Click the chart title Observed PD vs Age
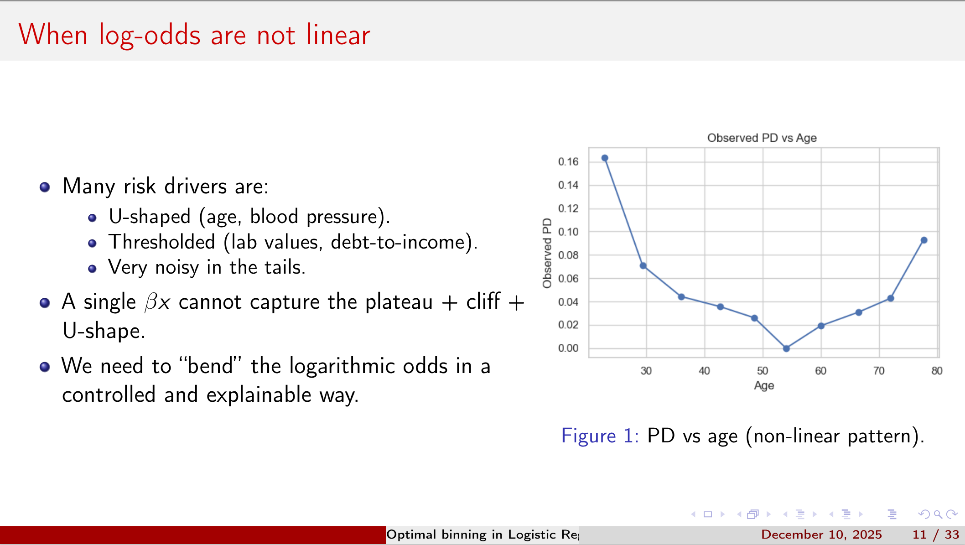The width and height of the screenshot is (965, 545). pyautogui.click(x=762, y=138)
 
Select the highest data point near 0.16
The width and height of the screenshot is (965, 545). pyautogui.click(x=605, y=158)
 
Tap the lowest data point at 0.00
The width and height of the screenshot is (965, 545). pyautogui.click(x=786, y=348)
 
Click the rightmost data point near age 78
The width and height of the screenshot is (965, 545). pyautogui.click(x=924, y=240)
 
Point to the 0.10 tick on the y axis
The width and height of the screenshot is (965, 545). pyautogui.click(x=568, y=232)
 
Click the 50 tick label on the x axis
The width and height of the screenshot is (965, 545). pyautogui.click(x=763, y=371)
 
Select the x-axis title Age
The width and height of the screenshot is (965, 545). pyautogui.click(x=764, y=386)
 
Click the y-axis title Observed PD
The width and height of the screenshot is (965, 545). pyautogui.click(x=547, y=253)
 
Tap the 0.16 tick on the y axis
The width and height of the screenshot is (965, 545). pyautogui.click(x=568, y=162)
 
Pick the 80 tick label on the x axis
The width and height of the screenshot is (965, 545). pyautogui.click(x=937, y=371)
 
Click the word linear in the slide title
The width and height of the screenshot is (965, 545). pyautogui.click(x=338, y=35)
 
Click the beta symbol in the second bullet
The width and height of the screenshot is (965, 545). pyautogui.click(x=151, y=302)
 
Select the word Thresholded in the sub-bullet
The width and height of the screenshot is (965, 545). pyautogui.click(x=161, y=242)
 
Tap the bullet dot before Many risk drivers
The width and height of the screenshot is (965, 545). pyautogui.click(x=45, y=187)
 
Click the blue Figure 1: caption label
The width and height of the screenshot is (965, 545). pyautogui.click(x=599, y=436)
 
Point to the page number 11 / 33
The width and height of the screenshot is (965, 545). pyautogui.click(x=935, y=535)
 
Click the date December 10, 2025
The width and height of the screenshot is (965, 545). pyautogui.click(x=821, y=535)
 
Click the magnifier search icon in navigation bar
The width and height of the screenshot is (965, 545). pyautogui.click(x=938, y=514)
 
